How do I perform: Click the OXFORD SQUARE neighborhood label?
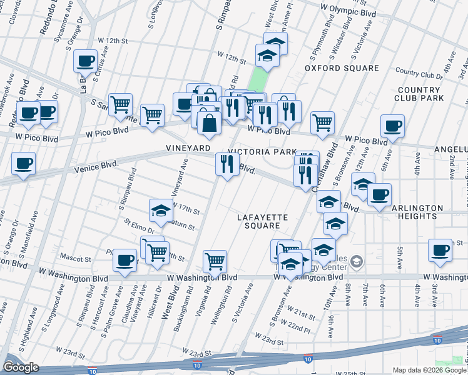coord(342,68)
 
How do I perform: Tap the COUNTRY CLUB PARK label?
coord(420,94)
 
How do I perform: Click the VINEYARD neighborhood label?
coord(188,148)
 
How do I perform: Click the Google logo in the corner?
coord(21,367)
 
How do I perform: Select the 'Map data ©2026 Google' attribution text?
coord(429,370)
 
